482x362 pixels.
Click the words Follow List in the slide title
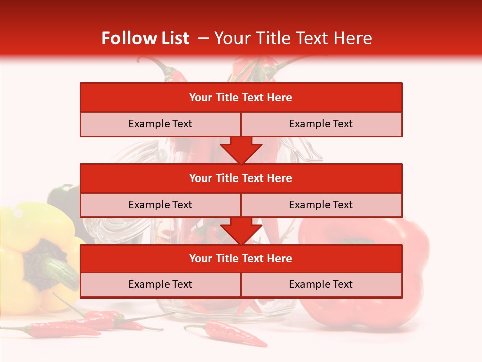145,38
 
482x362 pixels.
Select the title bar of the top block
241,98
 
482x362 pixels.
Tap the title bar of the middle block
241,178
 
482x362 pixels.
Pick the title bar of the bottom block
241,258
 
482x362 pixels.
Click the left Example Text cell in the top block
160,124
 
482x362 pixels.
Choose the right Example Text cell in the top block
321,124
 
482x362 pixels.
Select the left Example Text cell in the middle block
160,205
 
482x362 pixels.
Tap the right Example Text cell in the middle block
321,205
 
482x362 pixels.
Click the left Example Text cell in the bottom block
160,284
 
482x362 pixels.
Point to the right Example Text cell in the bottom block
321,284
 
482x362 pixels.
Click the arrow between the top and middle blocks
241,150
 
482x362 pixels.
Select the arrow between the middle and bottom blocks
241,230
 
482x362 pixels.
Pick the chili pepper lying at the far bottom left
60,330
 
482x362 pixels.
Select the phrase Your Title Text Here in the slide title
293,38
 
